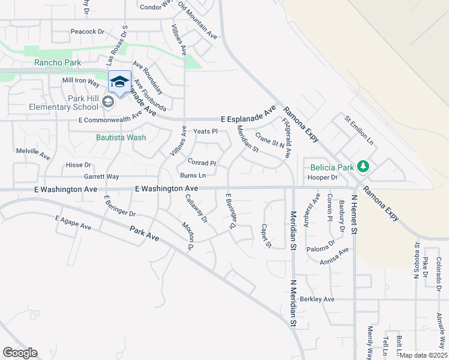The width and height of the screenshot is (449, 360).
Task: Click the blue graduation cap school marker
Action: click(119, 82)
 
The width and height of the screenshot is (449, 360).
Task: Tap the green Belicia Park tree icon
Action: click(363, 165)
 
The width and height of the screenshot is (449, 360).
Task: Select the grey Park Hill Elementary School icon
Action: click(107, 101)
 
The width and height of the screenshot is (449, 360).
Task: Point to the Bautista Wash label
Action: click(121, 137)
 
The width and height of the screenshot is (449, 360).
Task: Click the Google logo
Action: click(20, 353)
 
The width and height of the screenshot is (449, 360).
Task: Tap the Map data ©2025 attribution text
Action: click(424, 355)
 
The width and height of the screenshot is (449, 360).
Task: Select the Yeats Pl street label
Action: click(205, 131)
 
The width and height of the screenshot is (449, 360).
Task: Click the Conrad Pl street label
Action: click(201, 163)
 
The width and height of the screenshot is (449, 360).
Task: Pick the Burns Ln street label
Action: click(193, 175)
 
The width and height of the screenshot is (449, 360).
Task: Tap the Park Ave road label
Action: click(145, 233)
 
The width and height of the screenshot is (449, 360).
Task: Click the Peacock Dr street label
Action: click(87, 31)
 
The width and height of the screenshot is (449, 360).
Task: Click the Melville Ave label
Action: click(33, 154)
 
